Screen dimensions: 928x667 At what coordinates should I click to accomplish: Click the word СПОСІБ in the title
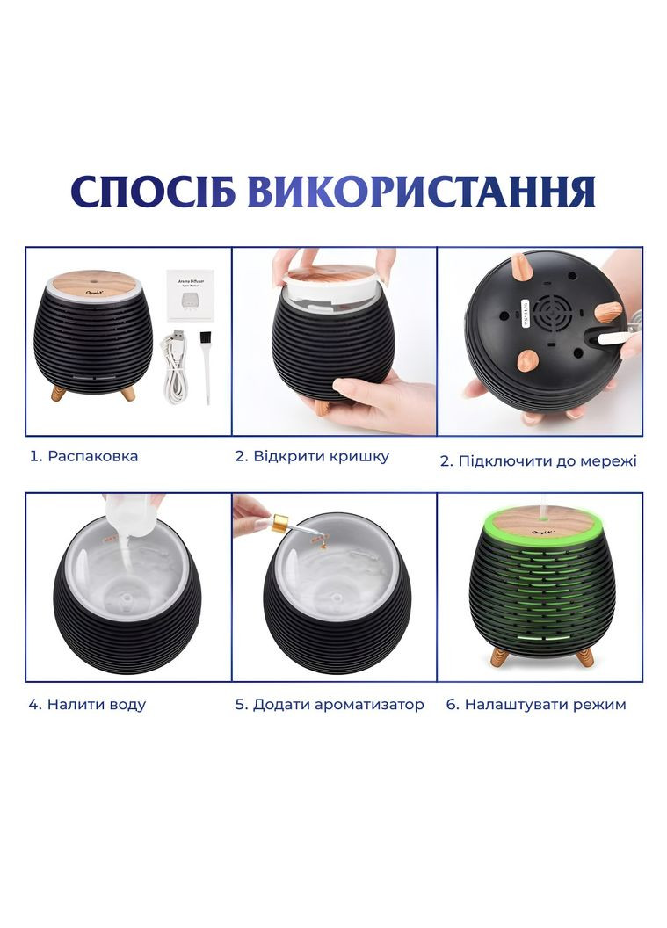(x=153, y=192)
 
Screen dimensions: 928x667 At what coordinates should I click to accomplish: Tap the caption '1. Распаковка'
(x=84, y=456)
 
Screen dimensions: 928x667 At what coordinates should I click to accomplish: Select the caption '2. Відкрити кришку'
(x=312, y=456)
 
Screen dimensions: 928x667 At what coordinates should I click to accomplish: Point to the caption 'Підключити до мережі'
(x=547, y=460)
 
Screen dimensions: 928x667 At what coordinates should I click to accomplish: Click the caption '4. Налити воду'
(x=87, y=704)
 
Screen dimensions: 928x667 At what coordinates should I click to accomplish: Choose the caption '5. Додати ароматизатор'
(x=330, y=704)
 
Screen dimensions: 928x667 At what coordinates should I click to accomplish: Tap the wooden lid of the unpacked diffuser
(x=92, y=284)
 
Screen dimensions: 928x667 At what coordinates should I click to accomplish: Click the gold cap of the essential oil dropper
(x=279, y=525)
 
